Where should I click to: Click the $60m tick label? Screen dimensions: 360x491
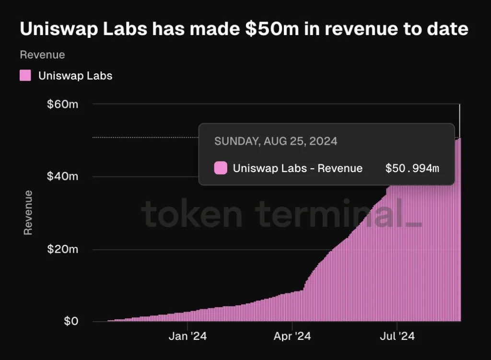coord(62,104)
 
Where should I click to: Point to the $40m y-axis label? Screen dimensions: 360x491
coord(62,176)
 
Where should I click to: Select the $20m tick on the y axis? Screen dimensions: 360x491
coord(62,249)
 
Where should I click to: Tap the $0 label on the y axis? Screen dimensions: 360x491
coord(70,321)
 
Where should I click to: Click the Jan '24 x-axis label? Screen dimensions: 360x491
coord(187,336)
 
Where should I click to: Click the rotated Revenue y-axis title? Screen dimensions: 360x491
coord(28,212)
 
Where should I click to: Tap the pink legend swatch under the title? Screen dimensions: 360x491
coord(25,75)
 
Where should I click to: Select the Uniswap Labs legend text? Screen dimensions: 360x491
coord(75,76)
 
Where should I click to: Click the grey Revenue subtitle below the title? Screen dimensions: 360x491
coord(42,55)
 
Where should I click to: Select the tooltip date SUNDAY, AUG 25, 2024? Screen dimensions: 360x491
coord(276,141)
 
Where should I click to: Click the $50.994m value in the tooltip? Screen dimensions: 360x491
coord(412,168)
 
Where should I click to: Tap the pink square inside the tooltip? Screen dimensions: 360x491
coord(221,168)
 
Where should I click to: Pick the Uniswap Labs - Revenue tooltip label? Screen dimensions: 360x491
coord(297,168)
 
